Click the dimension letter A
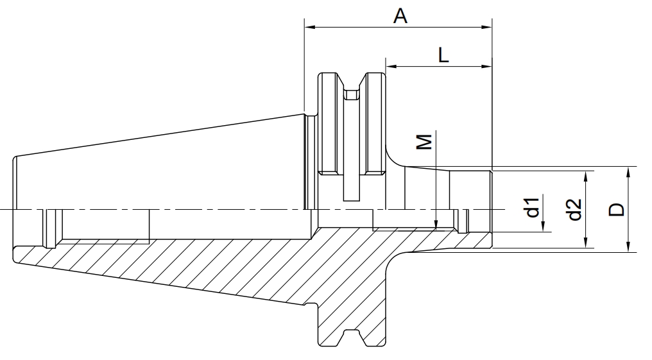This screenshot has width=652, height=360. tap(400, 16)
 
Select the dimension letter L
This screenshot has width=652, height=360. tap(444, 55)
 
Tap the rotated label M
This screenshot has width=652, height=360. tap(425, 141)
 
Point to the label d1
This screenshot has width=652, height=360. tap(533, 207)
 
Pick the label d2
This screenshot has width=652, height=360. tap(574, 209)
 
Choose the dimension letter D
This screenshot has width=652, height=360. tap(617, 209)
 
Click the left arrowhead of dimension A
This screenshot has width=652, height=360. tap(310, 28)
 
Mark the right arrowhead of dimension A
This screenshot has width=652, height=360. tap(486, 28)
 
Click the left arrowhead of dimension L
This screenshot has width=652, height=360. tap(391, 66)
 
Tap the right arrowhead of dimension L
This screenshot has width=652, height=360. tap(486, 66)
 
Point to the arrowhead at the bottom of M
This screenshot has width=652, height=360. tap(435, 223)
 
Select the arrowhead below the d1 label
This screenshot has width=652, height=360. tap(544, 226)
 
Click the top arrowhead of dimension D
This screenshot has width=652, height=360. tap(628, 173)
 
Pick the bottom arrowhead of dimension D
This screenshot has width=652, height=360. tap(628, 246)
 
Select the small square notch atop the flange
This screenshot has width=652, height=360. tap(352, 95)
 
